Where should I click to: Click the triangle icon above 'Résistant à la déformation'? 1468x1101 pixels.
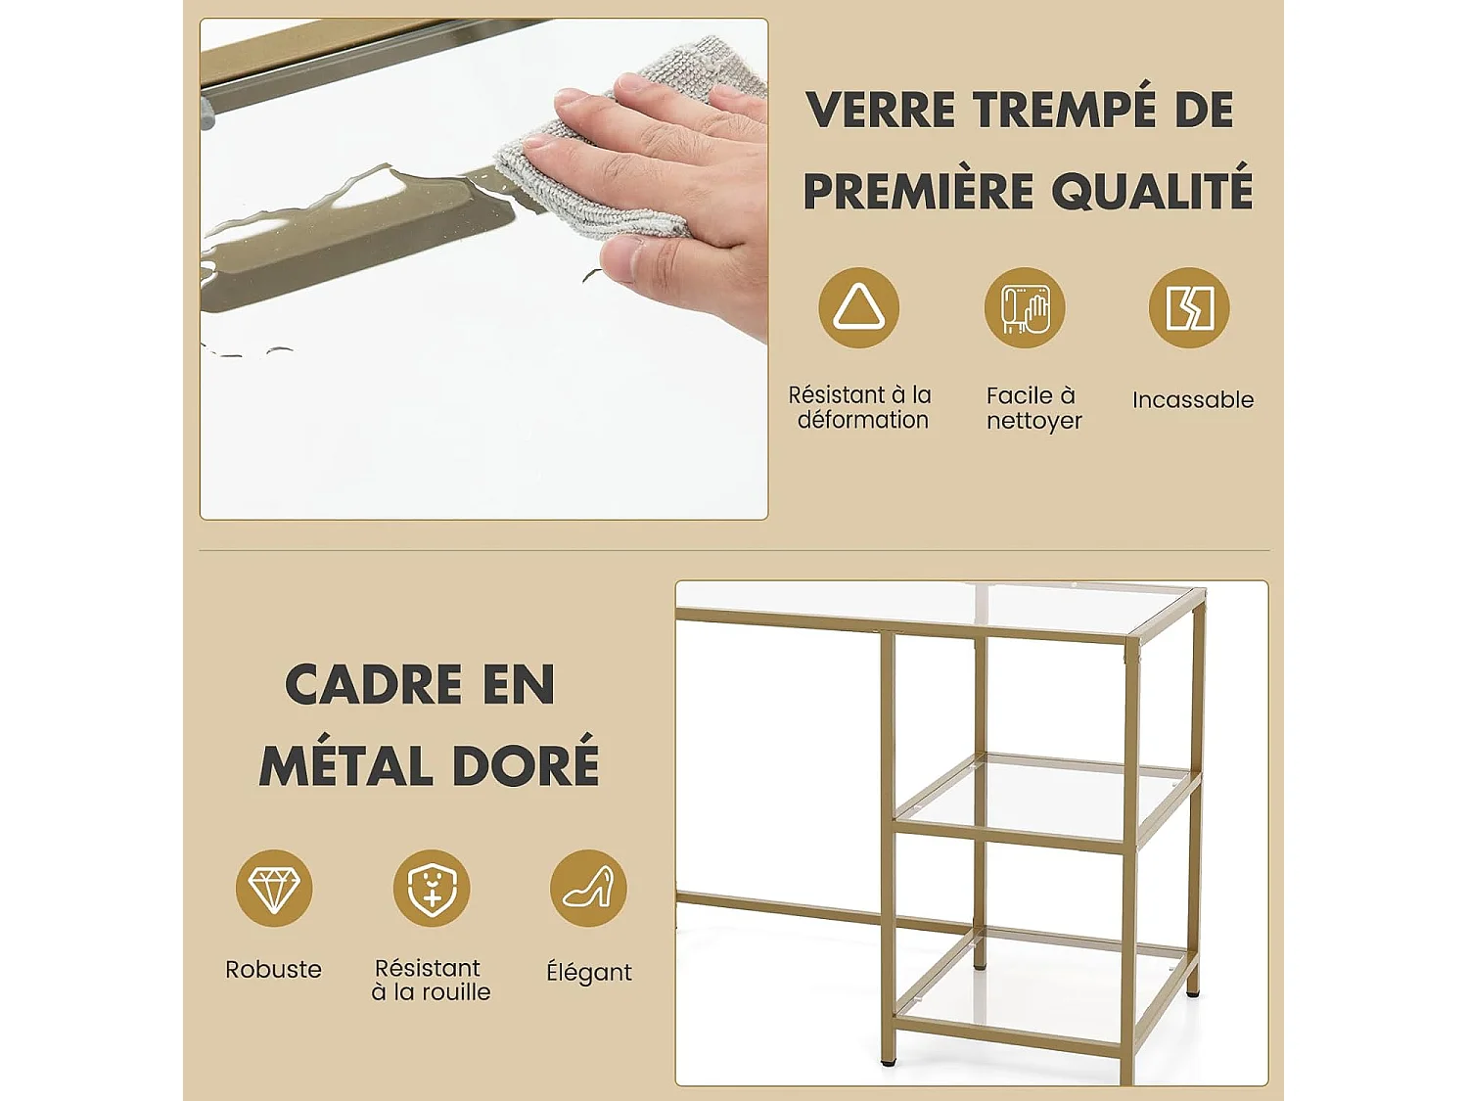[x=858, y=307]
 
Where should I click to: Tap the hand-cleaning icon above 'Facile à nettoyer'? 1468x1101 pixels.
[x=1024, y=307]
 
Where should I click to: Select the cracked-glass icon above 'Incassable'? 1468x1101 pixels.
[x=1188, y=307]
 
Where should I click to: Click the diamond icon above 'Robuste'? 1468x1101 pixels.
[x=274, y=888]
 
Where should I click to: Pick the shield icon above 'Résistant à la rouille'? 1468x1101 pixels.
[x=432, y=888]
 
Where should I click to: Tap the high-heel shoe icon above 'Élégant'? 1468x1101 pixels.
[x=588, y=888]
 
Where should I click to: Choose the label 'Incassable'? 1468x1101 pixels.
[x=1192, y=399]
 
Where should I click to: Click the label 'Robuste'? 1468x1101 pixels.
[x=273, y=969]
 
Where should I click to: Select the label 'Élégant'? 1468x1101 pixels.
[x=588, y=972]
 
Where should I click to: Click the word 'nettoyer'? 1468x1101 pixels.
[x=1033, y=421]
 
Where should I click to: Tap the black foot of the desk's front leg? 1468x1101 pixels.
[x=888, y=1059]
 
